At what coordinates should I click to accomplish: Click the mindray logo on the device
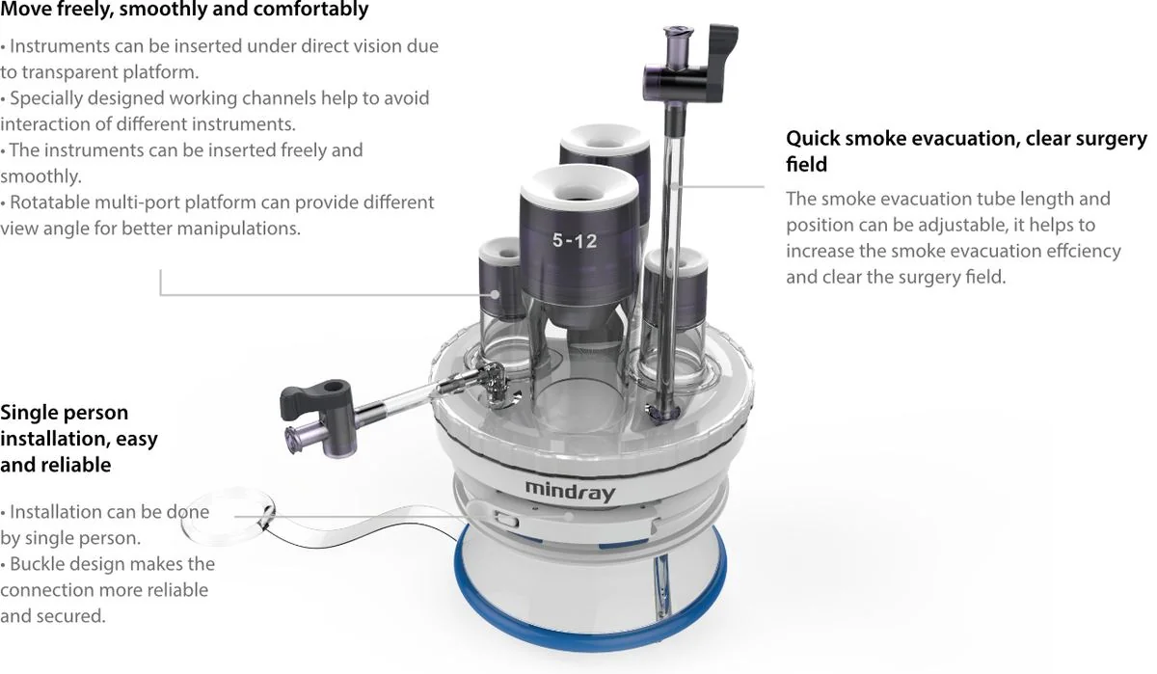coord(570,491)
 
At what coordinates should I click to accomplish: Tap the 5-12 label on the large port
coord(575,241)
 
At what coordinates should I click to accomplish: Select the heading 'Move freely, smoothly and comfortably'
coord(184,10)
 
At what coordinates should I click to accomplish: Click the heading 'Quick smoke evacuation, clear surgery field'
coord(966,150)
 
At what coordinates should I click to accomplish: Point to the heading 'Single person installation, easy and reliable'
coord(79,438)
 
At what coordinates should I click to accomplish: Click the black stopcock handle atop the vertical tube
coord(722,62)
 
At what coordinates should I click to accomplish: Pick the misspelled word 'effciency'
coord(1084,251)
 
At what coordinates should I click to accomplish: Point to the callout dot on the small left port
coord(495,294)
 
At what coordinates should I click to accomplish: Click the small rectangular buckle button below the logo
coord(507,519)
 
